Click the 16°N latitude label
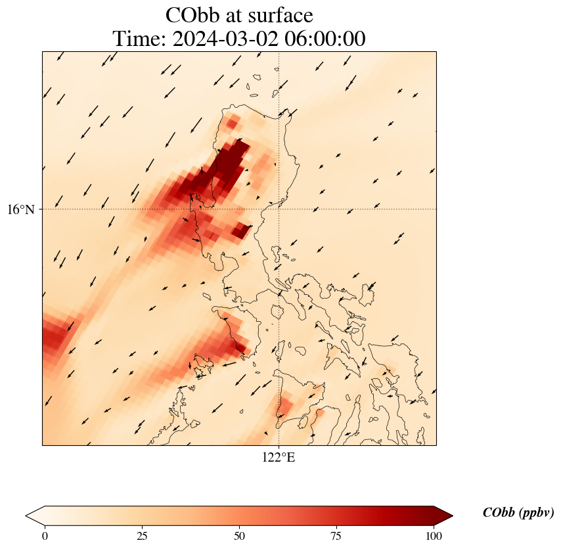point(24,209)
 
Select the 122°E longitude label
point(279,458)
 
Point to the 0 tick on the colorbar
point(45,536)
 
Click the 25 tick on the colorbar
point(142,536)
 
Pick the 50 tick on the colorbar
point(239,536)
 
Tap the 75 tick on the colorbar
point(336,536)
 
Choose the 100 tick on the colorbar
point(434,536)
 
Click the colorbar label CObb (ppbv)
point(518,513)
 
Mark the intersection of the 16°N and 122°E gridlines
point(279,209)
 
